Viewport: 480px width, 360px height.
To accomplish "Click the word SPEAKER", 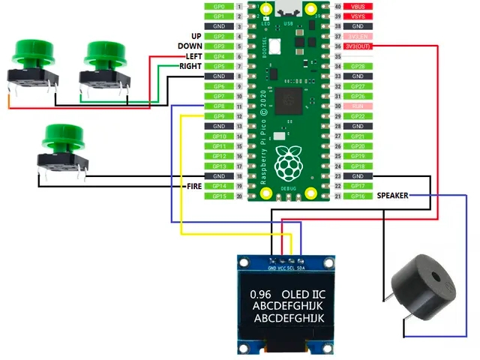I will pyautogui.click(x=392, y=196).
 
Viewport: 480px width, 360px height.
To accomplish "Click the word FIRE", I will pyautogui.click(x=193, y=186).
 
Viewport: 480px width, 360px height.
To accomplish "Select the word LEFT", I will pyautogui.click(x=193, y=56).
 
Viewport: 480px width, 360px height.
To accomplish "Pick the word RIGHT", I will pyautogui.click(x=190, y=66).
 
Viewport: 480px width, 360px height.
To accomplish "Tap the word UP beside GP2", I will pyautogui.click(x=196, y=36).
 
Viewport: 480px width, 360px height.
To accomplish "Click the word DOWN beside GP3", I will pyautogui.click(x=190, y=46).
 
